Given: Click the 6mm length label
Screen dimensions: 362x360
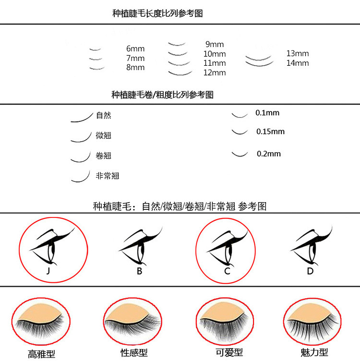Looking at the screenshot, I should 135,49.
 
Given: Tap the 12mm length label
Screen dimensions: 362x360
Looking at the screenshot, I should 214,73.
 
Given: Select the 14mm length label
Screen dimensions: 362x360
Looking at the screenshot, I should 298,63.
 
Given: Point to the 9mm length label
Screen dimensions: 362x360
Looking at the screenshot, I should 214,45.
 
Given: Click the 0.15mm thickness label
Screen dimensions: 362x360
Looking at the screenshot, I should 270,132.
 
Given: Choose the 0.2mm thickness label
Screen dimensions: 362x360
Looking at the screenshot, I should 268,154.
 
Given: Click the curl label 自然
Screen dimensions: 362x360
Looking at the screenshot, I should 103,115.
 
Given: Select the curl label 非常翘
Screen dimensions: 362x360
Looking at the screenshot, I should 107,176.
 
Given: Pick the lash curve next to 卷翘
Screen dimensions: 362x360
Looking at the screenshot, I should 81,157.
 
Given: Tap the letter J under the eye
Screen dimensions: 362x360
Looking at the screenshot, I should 48,271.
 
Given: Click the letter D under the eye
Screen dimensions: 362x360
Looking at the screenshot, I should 310,271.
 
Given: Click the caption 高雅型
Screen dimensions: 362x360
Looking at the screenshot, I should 41,354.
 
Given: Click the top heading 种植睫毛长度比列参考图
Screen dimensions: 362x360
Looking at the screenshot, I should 157,13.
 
